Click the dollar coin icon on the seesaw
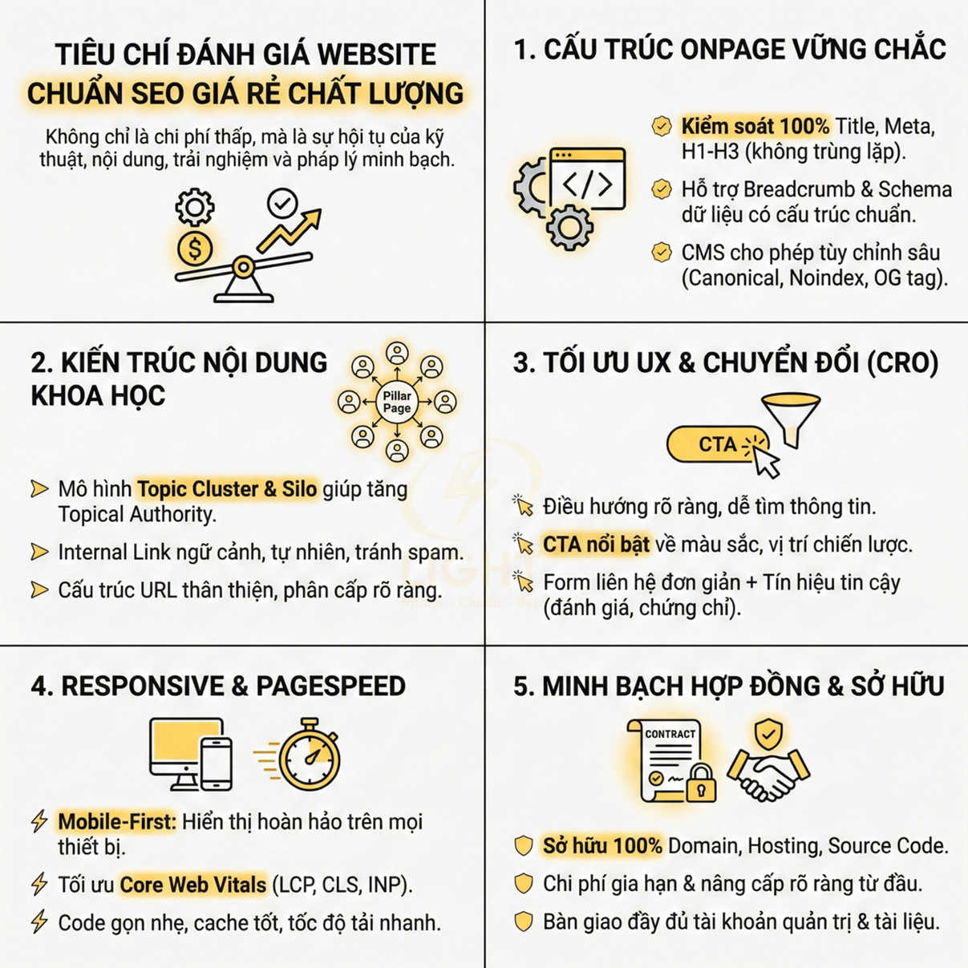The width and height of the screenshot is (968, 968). tap(195, 248)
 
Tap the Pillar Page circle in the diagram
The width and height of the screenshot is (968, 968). tap(397, 402)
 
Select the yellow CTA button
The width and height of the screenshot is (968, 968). tap(717, 444)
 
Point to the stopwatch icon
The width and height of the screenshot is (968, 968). tap(310, 755)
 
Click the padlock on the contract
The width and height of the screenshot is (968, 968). tap(701, 784)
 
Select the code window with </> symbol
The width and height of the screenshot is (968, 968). tap(588, 180)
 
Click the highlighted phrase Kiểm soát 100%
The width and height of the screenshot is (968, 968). tap(755, 126)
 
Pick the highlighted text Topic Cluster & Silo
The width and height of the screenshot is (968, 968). tap(227, 489)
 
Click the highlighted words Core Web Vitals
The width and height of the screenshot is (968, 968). tap(192, 885)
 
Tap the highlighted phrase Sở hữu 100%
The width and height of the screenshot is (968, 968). tap(602, 845)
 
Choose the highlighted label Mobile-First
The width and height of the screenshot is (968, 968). tap(116, 821)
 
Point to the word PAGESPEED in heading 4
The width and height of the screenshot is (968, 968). tap(330, 686)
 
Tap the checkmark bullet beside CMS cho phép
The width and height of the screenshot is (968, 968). tap(662, 253)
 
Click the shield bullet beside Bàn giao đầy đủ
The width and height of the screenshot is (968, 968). tap(524, 921)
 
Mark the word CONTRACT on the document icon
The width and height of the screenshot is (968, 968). tap(670, 734)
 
